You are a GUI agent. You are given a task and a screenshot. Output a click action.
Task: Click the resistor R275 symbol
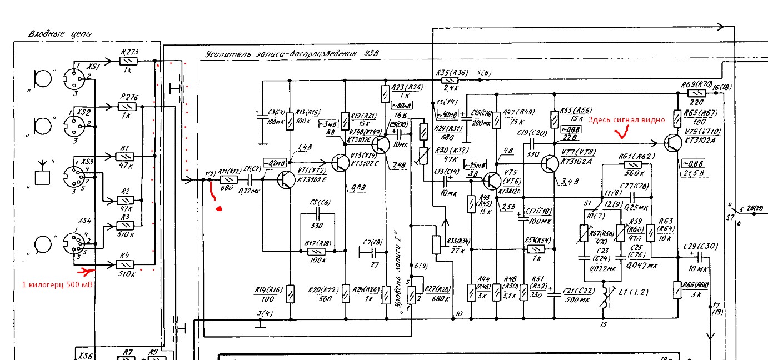128,61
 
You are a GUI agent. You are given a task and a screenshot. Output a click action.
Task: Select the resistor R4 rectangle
126,264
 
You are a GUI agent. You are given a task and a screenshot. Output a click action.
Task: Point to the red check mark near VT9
621,132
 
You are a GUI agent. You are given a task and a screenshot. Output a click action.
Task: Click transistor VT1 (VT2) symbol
287,179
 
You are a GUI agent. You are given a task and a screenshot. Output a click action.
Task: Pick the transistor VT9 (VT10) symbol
674,142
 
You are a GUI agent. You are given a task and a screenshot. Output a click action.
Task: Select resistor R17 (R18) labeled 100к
316,251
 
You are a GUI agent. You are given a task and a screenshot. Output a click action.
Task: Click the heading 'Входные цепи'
59,34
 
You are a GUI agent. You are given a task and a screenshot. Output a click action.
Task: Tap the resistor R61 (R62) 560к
633,164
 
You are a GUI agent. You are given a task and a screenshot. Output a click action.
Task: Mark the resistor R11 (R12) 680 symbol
228,180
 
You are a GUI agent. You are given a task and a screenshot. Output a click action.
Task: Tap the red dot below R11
218,209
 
